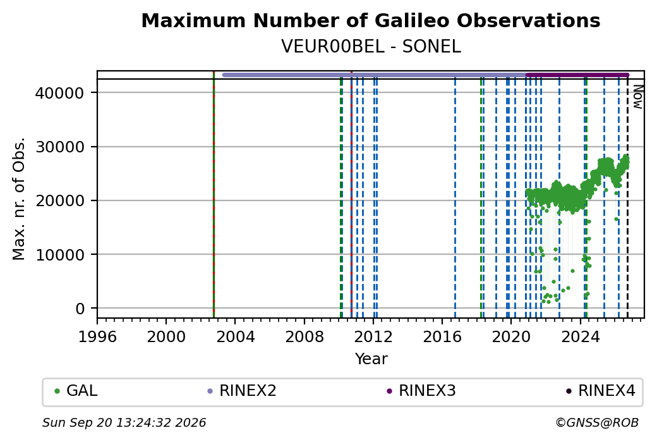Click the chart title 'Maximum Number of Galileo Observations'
coord(371,20)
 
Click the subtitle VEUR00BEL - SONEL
coord(371,47)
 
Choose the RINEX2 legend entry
coord(242,391)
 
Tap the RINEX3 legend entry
coord(421,391)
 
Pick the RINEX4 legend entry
coord(600,391)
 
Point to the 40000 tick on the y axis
coord(60,93)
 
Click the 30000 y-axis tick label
coord(60,147)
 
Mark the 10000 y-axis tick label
coord(60,255)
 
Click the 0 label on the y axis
coord(80,309)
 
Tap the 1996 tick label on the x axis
coord(97,336)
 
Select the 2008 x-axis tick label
coord(304,336)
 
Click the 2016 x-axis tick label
coord(442,336)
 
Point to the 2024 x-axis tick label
coord(581,336)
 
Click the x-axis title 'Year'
coord(371,359)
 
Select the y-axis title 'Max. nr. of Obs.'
coord(19,199)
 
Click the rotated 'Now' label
coord(637,97)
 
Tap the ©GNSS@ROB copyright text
coord(597,422)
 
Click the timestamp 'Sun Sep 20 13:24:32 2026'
coord(124,422)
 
